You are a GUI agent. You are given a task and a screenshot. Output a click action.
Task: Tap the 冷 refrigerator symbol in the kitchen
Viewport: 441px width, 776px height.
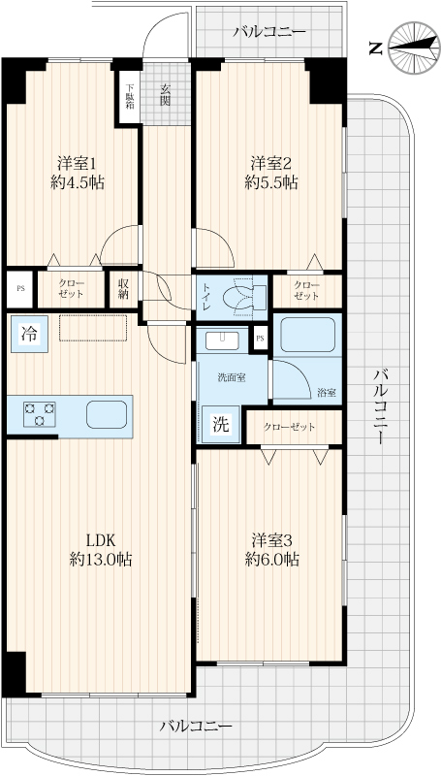[x=30, y=334]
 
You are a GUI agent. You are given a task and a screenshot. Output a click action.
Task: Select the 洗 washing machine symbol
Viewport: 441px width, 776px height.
[x=222, y=424]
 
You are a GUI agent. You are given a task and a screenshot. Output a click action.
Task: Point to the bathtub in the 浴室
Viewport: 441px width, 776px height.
[x=308, y=335]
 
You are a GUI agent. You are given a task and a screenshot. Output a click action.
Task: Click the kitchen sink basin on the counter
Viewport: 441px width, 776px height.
[x=107, y=414]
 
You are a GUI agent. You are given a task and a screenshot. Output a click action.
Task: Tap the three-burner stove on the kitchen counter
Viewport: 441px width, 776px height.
[x=39, y=414]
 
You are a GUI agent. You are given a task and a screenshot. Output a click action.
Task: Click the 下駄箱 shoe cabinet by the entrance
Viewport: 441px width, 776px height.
[x=130, y=97]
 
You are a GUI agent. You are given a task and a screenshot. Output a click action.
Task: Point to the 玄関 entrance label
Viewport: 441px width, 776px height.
[x=165, y=95]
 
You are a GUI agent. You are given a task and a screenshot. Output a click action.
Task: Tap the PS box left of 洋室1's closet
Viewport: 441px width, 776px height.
[x=19, y=289]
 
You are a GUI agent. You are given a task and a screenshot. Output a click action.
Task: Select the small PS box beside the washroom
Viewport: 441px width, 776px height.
[x=260, y=339]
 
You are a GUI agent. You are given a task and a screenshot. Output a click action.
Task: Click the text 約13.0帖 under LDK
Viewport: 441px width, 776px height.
[x=101, y=560]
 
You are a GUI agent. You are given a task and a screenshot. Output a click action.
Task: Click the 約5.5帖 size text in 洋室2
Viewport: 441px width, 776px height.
[x=271, y=183]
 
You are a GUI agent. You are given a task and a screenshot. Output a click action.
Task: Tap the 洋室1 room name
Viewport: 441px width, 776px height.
[x=77, y=162]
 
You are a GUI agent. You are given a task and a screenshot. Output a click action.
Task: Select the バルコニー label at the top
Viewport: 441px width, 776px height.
[x=270, y=33]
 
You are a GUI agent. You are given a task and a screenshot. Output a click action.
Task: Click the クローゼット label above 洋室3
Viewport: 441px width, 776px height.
[x=289, y=427]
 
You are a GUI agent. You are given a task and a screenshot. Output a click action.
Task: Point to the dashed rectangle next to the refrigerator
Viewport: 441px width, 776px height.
[x=93, y=328]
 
